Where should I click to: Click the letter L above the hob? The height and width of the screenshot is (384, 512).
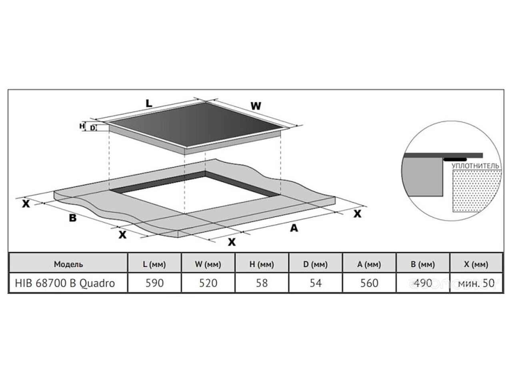(x=149, y=104)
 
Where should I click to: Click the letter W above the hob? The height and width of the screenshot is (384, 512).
(x=256, y=106)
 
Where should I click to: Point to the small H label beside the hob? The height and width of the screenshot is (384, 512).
(x=82, y=126)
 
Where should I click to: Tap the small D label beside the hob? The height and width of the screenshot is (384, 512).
(x=93, y=128)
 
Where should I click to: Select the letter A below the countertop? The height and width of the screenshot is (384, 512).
(x=294, y=228)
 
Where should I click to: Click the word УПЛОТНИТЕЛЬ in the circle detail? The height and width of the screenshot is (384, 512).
(x=475, y=166)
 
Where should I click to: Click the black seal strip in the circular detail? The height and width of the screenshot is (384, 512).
(x=455, y=160)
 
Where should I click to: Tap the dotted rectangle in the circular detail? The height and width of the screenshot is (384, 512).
(x=476, y=191)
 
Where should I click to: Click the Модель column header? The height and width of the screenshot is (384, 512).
(x=68, y=264)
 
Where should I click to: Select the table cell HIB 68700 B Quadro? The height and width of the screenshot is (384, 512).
(x=65, y=283)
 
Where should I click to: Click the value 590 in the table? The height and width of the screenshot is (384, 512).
(x=154, y=283)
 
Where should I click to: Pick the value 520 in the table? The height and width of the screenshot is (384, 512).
(x=208, y=283)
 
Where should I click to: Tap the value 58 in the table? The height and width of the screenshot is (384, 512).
(x=262, y=283)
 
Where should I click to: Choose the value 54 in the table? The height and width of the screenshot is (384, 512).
(x=316, y=283)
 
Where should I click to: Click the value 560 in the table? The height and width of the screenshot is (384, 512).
(x=369, y=283)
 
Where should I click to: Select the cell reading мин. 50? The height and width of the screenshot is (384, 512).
(x=476, y=283)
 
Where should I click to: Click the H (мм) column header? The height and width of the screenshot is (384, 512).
(x=262, y=264)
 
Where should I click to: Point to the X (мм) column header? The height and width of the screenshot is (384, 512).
(x=476, y=264)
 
